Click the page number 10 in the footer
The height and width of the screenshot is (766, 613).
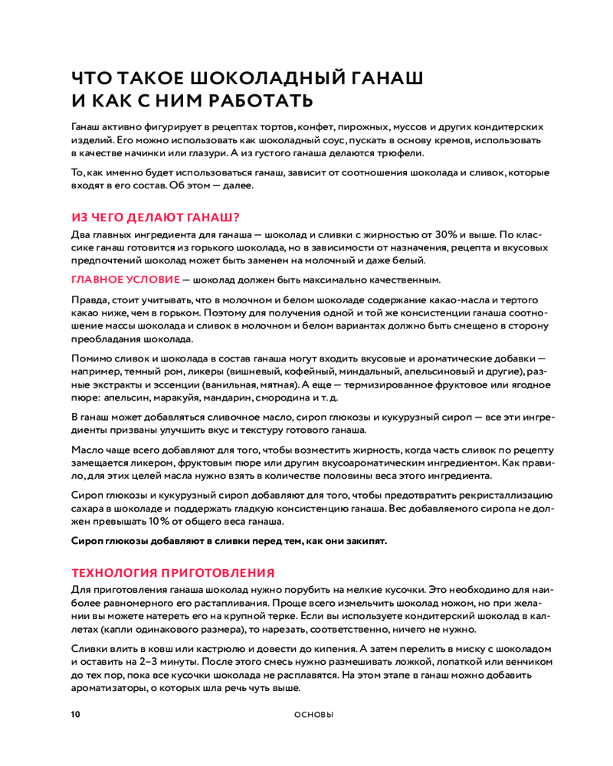tap(75, 715)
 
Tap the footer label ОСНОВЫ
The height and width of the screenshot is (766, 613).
tap(313, 715)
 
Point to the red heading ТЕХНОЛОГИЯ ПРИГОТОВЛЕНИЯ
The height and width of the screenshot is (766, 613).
tap(172, 572)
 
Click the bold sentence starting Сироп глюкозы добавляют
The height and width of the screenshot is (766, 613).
tap(229, 541)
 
